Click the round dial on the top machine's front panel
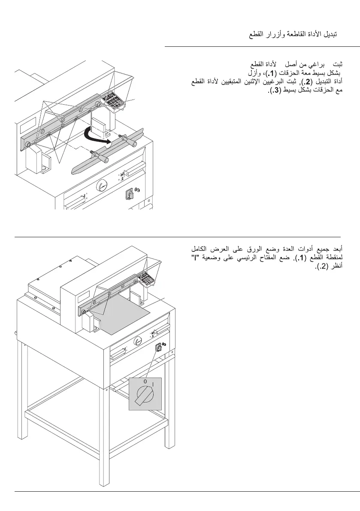(x=101, y=186)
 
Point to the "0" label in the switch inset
(x=145, y=381)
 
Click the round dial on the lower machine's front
(x=138, y=342)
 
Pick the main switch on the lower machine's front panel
(x=158, y=347)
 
